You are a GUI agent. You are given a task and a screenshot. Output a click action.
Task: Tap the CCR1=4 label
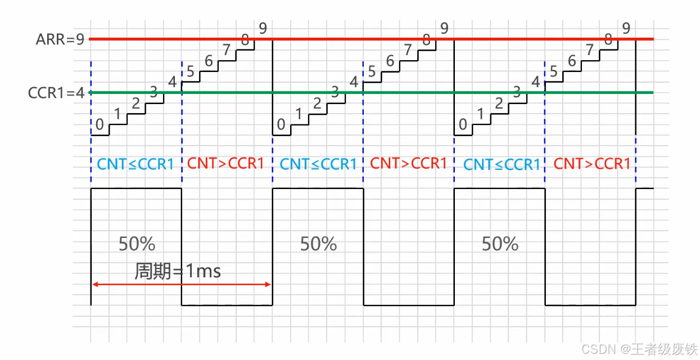tap(56, 92)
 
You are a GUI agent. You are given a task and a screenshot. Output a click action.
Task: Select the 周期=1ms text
tap(178, 272)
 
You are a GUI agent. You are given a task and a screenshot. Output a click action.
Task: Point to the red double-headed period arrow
tap(182, 285)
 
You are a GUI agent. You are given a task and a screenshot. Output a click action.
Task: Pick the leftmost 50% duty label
tap(137, 244)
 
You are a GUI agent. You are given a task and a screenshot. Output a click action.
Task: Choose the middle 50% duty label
tap(318, 244)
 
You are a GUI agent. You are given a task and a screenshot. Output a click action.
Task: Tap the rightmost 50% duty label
tap(500, 244)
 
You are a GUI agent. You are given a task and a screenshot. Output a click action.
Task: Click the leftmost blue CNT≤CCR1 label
tap(136, 164)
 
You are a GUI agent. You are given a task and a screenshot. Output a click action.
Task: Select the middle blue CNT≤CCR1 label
tap(318, 164)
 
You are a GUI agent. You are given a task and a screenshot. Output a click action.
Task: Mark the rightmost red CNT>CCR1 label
tap(592, 164)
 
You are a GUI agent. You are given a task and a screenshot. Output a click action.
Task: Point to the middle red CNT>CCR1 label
tap(409, 164)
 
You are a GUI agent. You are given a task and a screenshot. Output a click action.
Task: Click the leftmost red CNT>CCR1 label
tap(226, 164)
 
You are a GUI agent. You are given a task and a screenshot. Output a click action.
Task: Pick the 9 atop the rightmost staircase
tap(626, 28)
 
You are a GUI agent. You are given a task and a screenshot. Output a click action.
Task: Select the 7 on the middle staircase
tap(408, 49)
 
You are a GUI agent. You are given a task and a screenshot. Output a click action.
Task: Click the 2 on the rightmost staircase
tap(498, 103)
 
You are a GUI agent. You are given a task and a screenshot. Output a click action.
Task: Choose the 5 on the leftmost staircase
tap(189, 71)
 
